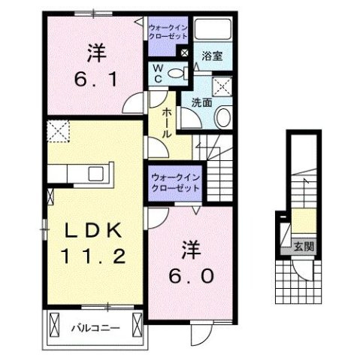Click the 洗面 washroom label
click(201, 102)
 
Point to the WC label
click(159, 73)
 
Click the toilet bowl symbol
click(179, 73)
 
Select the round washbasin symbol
click(224, 115)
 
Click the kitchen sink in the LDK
click(97, 174)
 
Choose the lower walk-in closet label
click(175, 181)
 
